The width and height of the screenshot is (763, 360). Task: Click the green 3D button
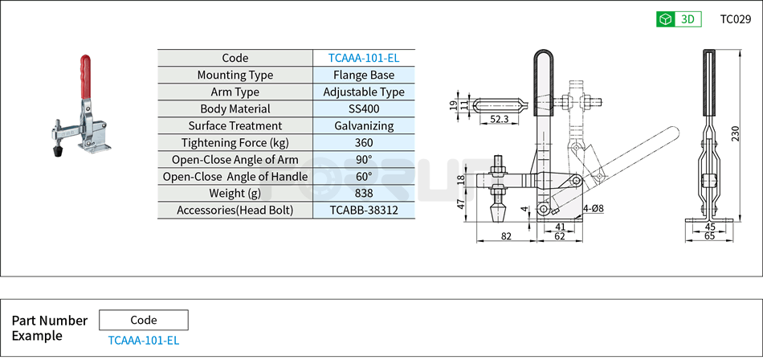(679, 19)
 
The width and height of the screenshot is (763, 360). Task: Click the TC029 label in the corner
(734, 19)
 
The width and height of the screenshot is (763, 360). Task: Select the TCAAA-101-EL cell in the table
(364, 58)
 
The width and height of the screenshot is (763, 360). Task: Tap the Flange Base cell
(364, 75)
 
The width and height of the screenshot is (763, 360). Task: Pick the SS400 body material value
(364, 108)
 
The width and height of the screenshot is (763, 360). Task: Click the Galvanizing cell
(364, 125)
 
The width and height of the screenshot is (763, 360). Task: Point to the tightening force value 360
(364, 143)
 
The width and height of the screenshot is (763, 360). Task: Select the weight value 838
(364, 193)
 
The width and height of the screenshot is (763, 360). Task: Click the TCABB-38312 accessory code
(364, 210)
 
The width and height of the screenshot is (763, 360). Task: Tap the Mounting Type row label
(235, 75)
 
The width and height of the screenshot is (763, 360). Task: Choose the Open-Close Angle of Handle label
(235, 176)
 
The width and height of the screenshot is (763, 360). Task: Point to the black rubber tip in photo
(59, 150)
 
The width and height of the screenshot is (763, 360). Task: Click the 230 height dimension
(735, 133)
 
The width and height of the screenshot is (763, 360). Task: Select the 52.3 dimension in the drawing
(499, 119)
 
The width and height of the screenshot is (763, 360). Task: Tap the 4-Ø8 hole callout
(594, 208)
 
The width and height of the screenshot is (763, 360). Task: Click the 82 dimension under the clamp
(506, 236)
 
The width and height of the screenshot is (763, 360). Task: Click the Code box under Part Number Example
(144, 320)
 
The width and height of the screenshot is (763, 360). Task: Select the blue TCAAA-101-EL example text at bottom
(144, 340)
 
